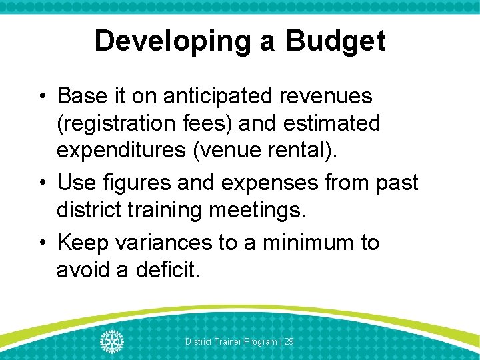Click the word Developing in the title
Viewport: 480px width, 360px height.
pos(171,41)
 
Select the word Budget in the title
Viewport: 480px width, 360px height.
pos(335,41)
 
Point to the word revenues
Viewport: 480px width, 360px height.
pos(325,96)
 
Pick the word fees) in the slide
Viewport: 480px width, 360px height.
pos(201,123)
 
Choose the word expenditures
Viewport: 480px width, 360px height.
pos(123,151)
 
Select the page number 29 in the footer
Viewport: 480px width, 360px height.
pos(289,341)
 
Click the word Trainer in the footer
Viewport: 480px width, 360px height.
pos(227,341)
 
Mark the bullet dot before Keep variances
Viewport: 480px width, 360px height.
pos(43,242)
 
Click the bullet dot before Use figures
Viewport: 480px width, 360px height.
pos(43,182)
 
